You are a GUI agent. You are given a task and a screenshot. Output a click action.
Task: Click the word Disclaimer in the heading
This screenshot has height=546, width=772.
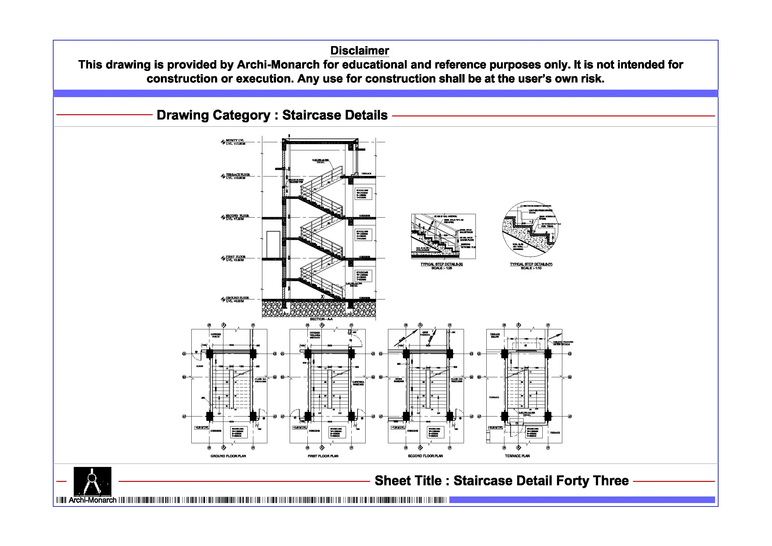(359, 51)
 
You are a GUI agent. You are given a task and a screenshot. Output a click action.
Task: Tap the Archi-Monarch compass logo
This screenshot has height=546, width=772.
(92, 481)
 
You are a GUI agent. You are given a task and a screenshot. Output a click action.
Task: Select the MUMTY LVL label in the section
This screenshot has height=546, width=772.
(235, 140)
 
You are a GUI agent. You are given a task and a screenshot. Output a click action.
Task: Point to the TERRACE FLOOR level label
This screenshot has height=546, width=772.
(238, 175)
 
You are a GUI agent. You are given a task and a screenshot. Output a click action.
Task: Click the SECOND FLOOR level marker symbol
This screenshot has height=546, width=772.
(223, 217)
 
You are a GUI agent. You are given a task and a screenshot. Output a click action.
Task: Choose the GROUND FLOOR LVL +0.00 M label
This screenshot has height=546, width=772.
(237, 299)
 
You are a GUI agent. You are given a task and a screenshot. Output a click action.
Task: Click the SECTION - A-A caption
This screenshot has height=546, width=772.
(321, 319)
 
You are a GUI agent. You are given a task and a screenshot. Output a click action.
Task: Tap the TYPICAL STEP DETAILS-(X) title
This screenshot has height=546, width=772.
(442, 264)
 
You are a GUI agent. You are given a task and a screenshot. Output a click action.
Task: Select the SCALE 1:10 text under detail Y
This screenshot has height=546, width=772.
(531, 268)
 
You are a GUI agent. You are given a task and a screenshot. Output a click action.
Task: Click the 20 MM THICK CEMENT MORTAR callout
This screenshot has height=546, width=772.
(535, 206)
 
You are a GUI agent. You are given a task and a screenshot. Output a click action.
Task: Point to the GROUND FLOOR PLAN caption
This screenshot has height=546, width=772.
(228, 456)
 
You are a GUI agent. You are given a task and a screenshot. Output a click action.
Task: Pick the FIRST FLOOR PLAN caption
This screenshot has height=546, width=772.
(323, 456)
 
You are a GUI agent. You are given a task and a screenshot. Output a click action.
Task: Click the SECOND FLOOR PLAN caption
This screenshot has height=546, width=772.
(425, 456)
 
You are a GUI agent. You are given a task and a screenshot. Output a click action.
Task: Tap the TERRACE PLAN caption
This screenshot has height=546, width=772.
(517, 456)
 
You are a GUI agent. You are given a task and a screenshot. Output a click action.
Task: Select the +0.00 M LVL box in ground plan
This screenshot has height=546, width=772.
(202, 428)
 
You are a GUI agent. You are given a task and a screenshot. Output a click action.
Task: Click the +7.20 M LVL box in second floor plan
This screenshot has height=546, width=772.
(398, 428)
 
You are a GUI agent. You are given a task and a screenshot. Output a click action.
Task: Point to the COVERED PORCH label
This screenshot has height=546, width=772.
(216, 335)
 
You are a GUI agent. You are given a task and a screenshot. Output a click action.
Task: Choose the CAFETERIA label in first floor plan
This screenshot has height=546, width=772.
(358, 383)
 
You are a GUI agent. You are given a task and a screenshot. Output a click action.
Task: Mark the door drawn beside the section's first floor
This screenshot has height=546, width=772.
(273, 244)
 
